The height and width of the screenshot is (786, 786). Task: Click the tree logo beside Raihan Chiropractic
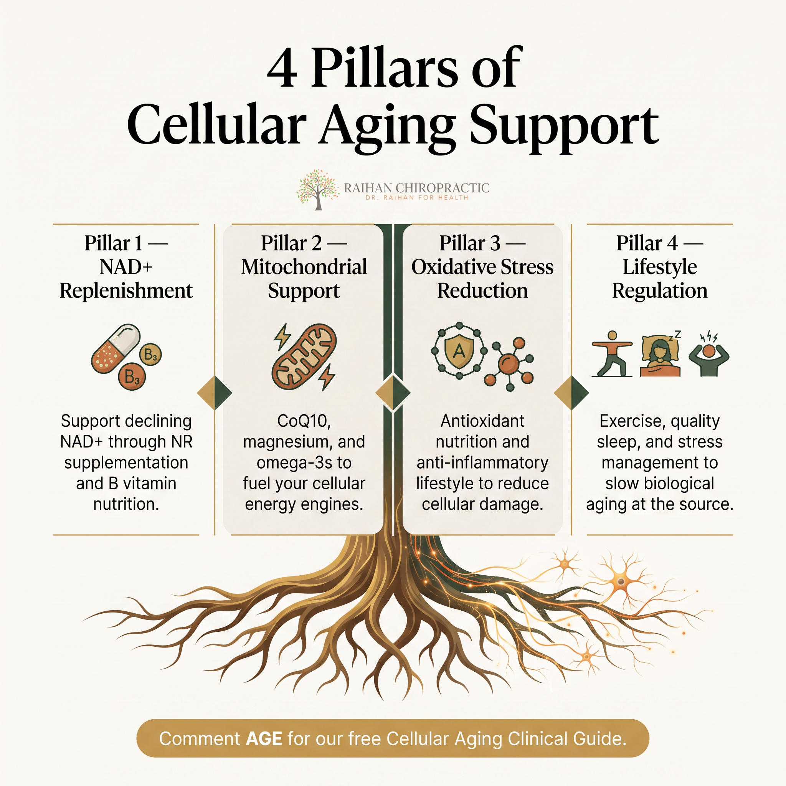[x=318, y=190]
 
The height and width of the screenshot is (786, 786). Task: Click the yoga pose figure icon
[x=612, y=353]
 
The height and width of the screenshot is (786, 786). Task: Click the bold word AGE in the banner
[x=264, y=738]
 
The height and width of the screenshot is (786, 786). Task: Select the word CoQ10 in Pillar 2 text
[x=304, y=421]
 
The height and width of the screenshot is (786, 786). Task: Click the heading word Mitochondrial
[x=304, y=267]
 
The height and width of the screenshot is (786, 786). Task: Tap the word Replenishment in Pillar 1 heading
[x=126, y=291]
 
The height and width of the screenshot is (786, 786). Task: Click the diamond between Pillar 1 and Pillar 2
[x=215, y=393]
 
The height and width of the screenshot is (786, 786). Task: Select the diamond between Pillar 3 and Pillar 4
[x=571, y=393]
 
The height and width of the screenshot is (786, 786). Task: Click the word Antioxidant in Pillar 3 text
[x=482, y=421]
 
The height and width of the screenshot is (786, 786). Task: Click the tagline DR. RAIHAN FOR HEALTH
[x=416, y=198]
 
